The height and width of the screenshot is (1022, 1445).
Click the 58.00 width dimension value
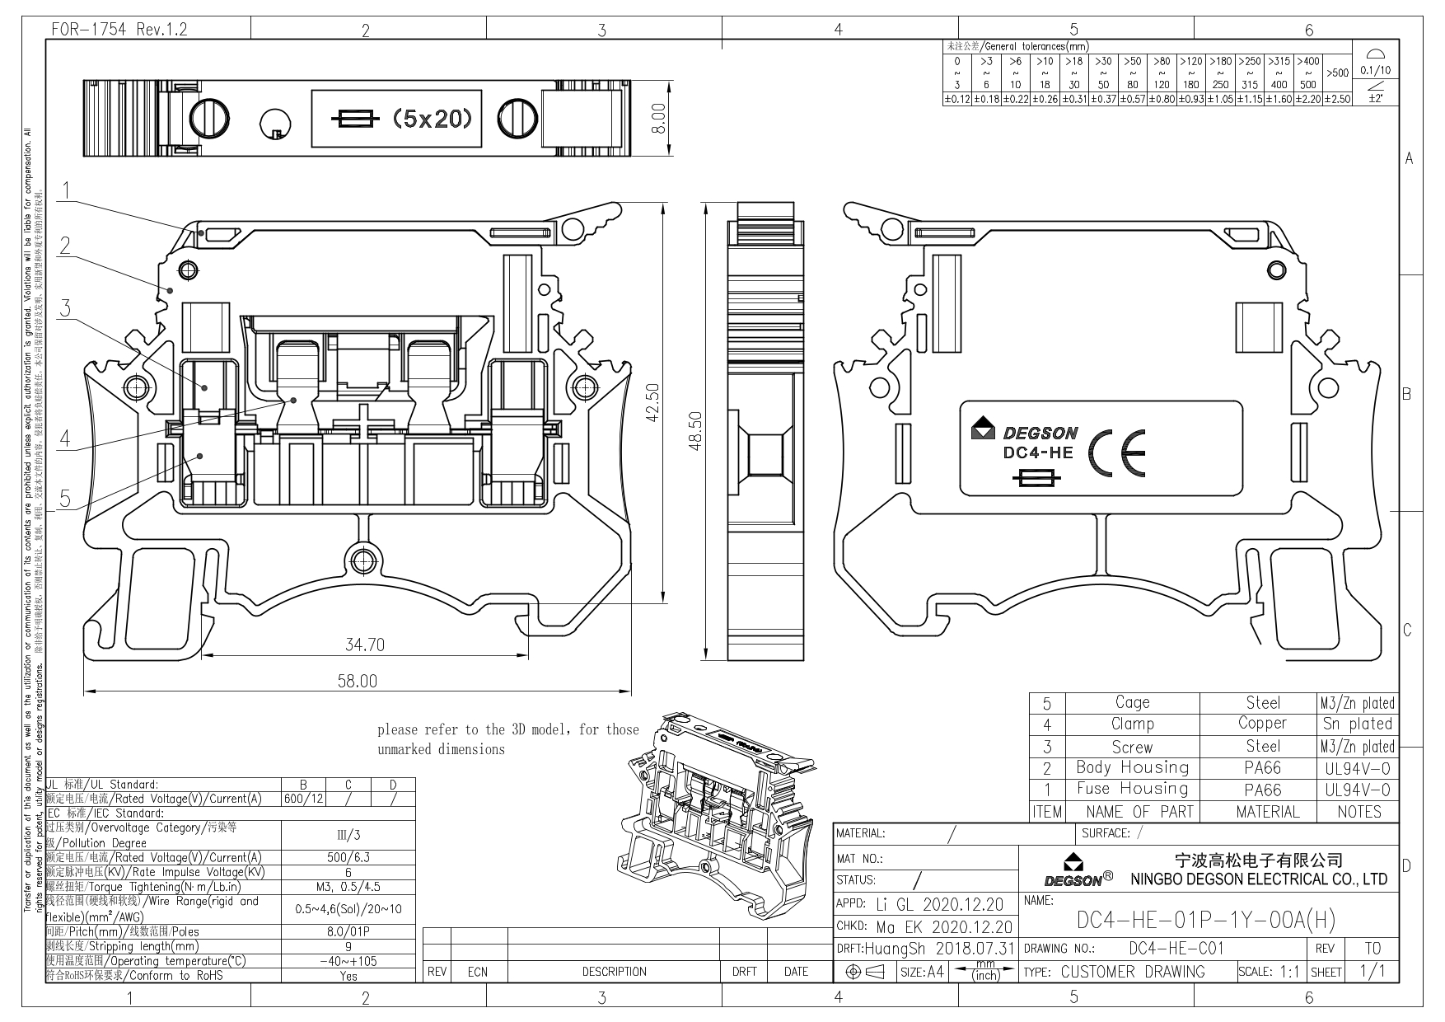(x=357, y=681)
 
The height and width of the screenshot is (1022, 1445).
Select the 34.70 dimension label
(x=364, y=645)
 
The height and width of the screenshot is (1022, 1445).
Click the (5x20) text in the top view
(x=432, y=120)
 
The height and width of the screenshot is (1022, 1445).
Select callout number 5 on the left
(x=65, y=498)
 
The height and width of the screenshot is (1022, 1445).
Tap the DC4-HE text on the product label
(x=1037, y=452)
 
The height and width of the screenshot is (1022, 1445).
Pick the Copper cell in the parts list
(x=1261, y=723)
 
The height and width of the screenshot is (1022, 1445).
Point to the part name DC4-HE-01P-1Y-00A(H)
(x=1205, y=919)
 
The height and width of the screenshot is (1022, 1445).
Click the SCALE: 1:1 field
(x=1268, y=972)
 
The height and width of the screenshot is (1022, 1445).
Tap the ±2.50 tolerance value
(x=1339, y=99)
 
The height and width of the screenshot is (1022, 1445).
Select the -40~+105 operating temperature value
(x=348, y=961)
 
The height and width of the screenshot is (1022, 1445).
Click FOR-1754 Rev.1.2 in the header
(x=119, y=30)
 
